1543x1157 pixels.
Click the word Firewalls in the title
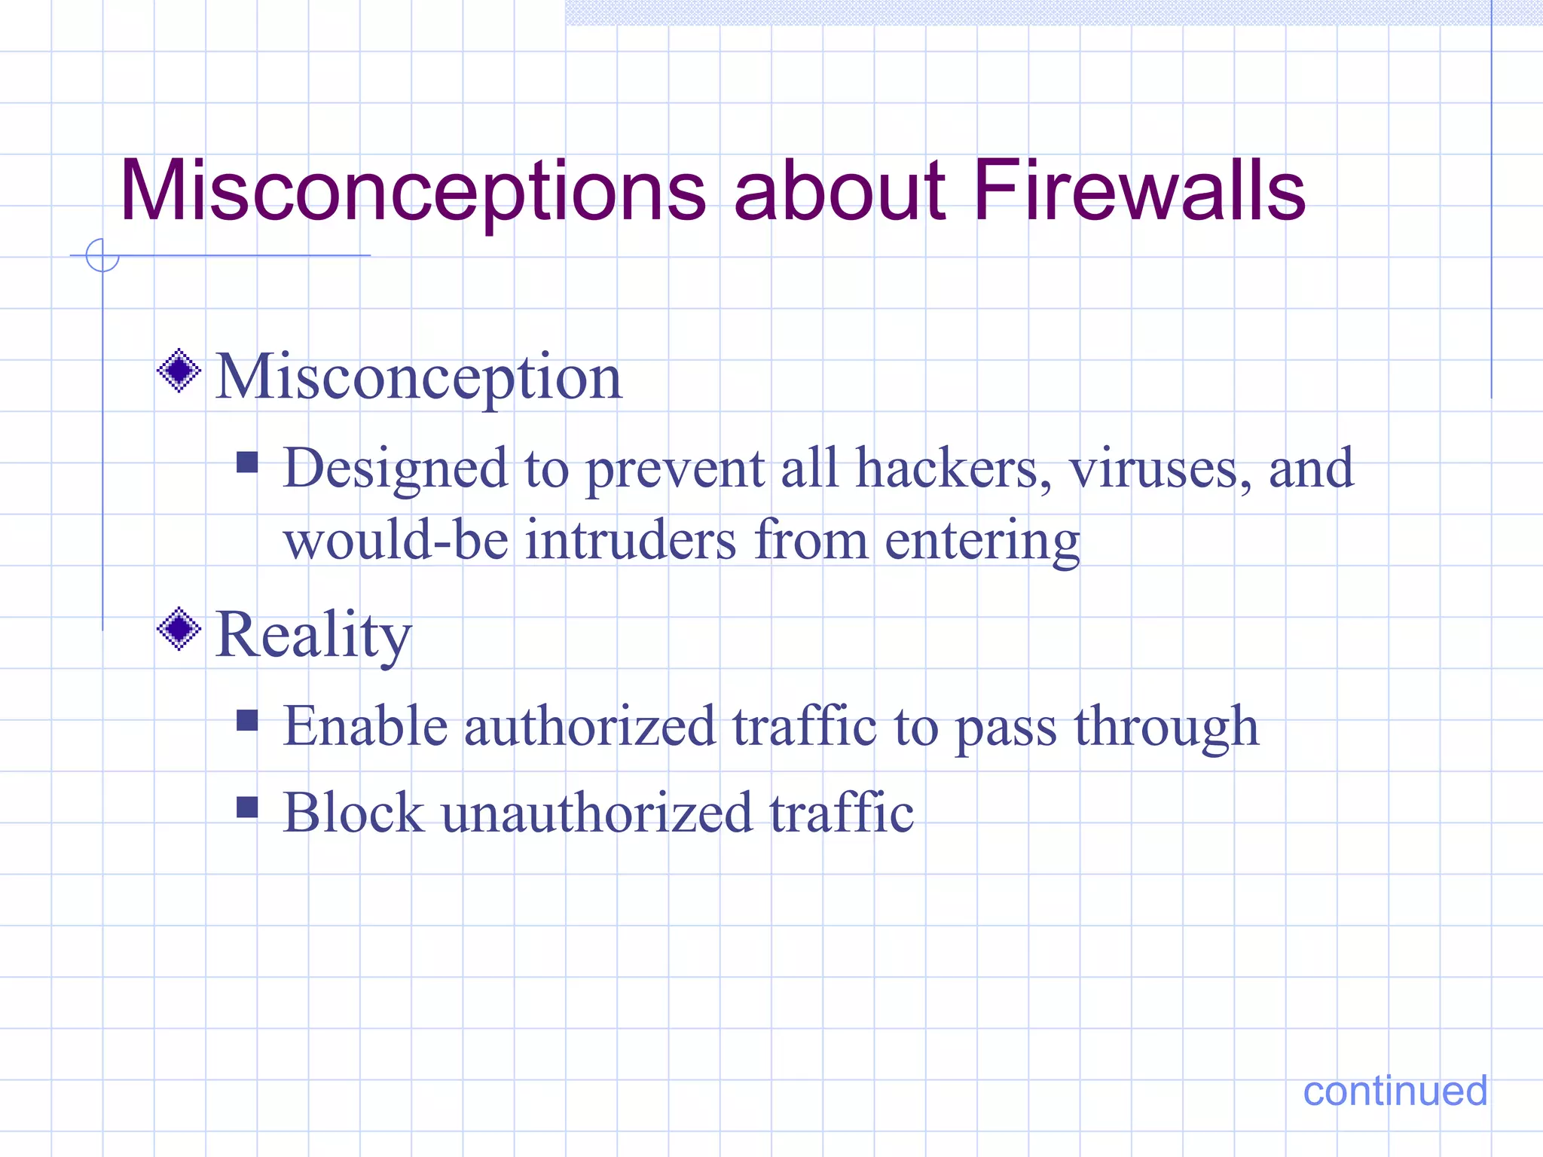[x=1138, y=191]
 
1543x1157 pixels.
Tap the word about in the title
[x=839, y=191]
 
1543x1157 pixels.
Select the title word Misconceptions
[x=413, y=193]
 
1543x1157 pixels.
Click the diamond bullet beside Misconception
[x=179, y=371]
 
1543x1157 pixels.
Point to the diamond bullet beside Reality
[x=179, y=629]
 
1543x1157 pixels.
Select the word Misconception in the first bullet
[x=419, y=378]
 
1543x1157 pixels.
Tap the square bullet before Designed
[x=247, y=462]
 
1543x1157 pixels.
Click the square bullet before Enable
[x=247, y=721]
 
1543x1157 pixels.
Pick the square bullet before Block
[x=247, y=807]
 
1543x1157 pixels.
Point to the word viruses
[x=1160, y=469]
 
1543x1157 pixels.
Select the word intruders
[x=630, y=540]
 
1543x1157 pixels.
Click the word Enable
[x=365, y=726]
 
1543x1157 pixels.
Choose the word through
[x=1166, y=728]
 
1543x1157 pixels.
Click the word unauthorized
[x=597, y=814]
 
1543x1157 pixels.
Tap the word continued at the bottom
[x=1395, y=1091]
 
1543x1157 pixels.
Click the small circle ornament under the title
[x=102, y=255]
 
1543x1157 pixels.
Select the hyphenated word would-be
[x=396, y=540]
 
